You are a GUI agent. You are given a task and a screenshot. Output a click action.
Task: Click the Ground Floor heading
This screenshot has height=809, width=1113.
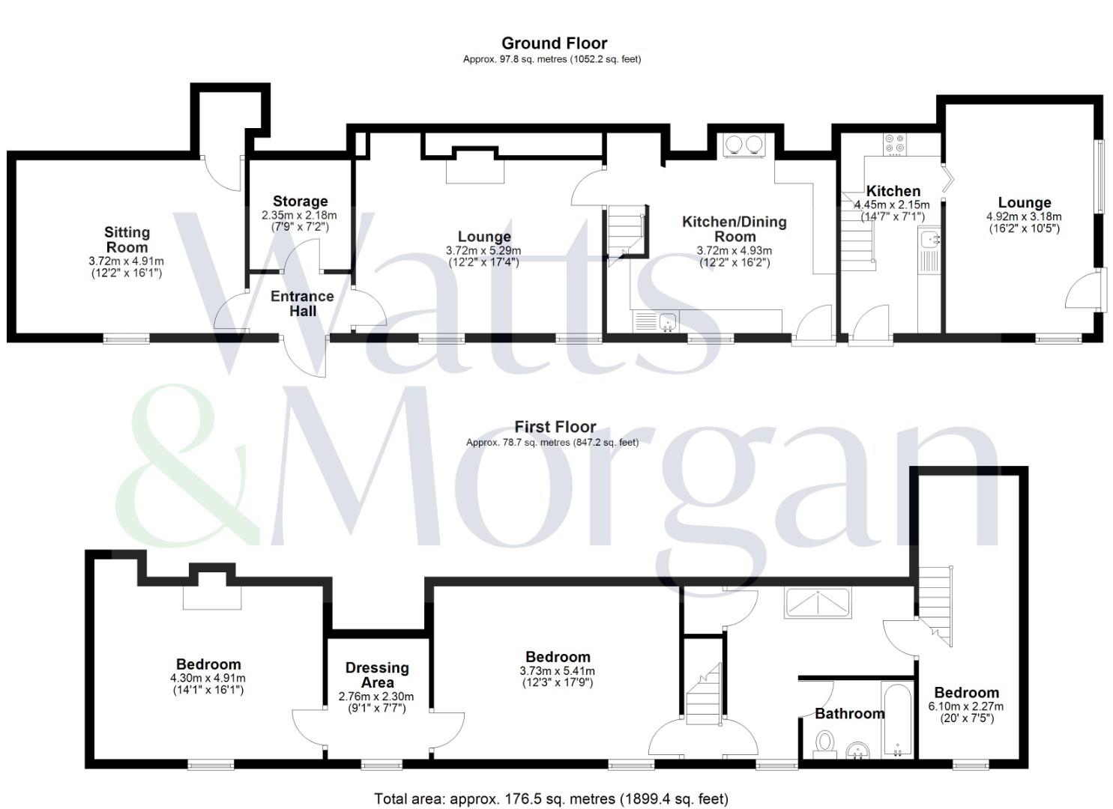tap(554, 43)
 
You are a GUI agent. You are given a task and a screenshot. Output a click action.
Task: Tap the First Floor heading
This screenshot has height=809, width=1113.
tap(555, 427)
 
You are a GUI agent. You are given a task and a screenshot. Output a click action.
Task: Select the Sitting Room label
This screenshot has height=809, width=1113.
tap(127, 240)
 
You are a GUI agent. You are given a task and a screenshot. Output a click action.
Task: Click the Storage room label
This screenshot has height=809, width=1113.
tap(300, 202)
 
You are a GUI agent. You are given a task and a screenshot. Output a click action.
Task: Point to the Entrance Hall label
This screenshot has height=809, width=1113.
tap(302, 303)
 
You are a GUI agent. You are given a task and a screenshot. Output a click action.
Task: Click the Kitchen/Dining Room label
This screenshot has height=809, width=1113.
tap(735, 229)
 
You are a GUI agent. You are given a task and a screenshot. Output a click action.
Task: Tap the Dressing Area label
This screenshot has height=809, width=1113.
tap(377, 675)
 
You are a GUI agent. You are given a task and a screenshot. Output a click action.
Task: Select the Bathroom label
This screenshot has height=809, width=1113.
tap(850, 714)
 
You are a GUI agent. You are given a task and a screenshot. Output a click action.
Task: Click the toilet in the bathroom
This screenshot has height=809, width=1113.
tap(824, 744)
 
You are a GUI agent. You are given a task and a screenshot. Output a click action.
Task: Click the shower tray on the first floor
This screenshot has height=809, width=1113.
tap(818, 603)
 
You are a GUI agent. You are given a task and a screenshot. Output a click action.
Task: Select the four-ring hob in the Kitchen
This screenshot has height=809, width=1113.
tap(894, 144)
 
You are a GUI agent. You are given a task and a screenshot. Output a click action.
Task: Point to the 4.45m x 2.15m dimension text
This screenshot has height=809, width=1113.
tap(892, 204)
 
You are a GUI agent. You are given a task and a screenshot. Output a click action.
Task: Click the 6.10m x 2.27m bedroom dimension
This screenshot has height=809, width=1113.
tap(966, 706)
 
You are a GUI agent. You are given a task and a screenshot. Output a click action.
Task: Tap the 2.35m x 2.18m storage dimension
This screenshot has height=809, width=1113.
tap(299, 216)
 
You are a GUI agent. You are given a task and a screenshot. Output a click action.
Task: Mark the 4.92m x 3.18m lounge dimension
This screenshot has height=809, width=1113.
tap(1024, 216)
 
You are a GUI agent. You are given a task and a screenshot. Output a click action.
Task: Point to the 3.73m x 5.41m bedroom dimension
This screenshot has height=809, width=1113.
tap(557, 671)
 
